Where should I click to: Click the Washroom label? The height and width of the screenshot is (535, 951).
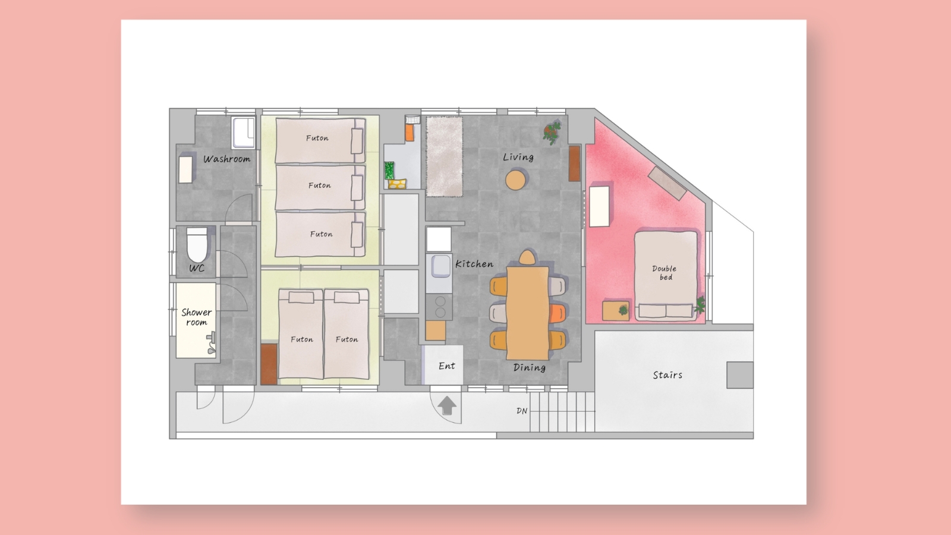226,159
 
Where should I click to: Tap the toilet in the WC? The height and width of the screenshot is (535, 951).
197,245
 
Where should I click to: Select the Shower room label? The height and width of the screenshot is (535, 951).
197,317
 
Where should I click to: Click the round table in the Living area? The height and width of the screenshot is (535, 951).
515,180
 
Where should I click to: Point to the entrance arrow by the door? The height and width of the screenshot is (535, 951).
446,405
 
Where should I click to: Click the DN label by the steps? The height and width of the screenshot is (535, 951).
522,411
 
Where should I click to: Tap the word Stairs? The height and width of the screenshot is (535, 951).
667,375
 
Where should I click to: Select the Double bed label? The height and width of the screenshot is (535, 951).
665,273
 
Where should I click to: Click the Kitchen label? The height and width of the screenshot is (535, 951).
474,264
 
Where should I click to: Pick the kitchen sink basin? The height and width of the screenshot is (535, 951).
440,266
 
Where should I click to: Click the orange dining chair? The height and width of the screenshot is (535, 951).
558,313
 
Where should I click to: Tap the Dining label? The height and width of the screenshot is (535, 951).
530,368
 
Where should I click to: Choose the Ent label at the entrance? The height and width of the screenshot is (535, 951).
446,366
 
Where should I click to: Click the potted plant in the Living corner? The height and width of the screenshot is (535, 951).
552,132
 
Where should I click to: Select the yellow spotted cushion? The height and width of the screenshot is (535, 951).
397,184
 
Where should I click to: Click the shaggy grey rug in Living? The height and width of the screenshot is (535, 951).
445,156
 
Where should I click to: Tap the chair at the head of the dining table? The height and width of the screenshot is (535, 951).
527,258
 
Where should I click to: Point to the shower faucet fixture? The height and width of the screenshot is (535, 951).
211,343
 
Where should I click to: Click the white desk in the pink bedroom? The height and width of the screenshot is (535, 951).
600,206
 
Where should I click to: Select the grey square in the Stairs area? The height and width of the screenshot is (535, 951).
740,375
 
